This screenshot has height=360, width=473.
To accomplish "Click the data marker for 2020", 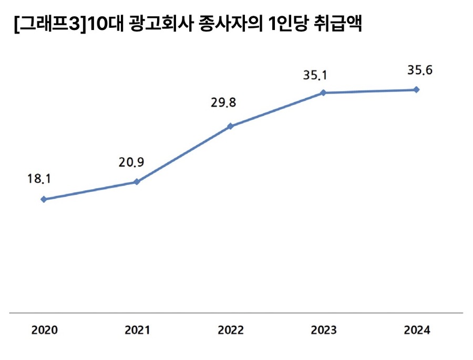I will pos(44,199).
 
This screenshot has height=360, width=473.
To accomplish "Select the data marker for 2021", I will pos(137,182).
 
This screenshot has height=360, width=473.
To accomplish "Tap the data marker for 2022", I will pos(230,126).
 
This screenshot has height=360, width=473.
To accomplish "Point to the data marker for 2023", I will pos(323,93).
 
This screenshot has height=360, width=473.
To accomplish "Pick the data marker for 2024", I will pos(416,90).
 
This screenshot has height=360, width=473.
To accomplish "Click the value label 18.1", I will pos(39,179).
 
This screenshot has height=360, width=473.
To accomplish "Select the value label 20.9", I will pos(131,162).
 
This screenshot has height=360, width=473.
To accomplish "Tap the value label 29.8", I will pos(223,103).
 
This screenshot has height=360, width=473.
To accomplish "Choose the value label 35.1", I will pos(315,75).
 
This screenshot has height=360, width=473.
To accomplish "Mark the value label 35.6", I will pos(419,70).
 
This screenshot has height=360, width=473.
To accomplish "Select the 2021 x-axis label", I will pos(137,331).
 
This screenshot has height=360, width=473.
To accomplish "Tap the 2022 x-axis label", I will pos(230,331).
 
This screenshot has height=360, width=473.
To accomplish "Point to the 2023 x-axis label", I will pos(323,331).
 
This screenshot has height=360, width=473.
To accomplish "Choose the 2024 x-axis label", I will pos(417,331).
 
